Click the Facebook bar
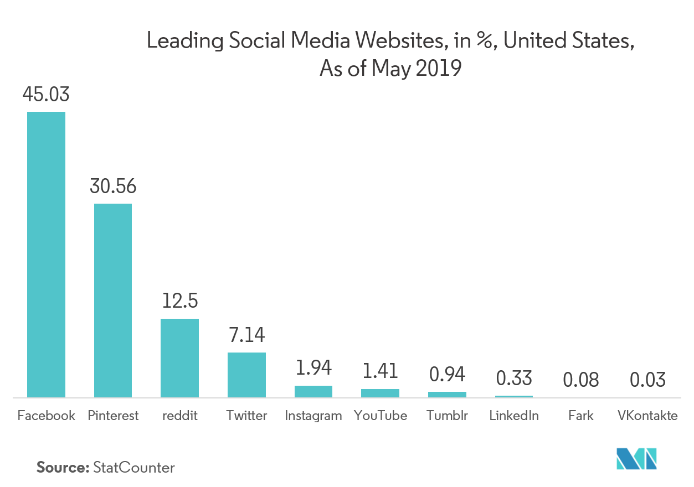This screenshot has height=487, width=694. [47, 255]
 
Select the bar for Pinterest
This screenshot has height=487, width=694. [113, 301]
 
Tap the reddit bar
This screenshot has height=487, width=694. [179, 358]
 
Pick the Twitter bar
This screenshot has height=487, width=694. [246, 375]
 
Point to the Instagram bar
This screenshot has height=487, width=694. [313, 391]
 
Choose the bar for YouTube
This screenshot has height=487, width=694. [380, 393]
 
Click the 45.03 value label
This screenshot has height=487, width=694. [46, 95]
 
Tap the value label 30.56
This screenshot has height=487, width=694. [113, 186]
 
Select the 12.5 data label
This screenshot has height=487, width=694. [180, 302]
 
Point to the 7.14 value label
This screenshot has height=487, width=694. [246, 335]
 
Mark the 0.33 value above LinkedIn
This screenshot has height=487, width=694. [514, 379]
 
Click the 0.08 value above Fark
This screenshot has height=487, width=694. [580, 380]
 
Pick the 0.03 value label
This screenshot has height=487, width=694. [647, 380]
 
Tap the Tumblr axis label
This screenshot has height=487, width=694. [447, 416]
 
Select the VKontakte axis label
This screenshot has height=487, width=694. [647, 416]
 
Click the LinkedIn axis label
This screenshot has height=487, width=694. [514, 416]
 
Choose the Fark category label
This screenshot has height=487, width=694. [580, 416]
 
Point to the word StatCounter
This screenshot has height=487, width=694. [134, 468]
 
